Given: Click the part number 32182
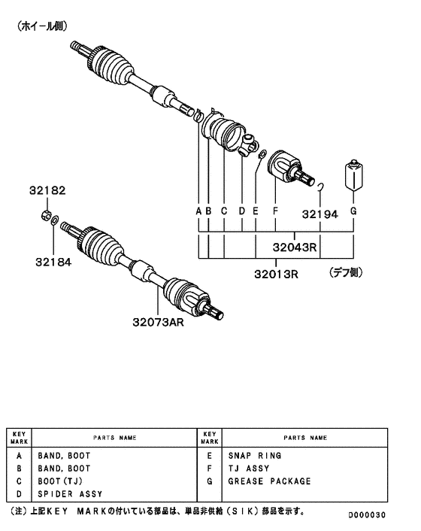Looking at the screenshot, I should pos(48,191).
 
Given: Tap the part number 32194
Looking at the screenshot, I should pos(320,213).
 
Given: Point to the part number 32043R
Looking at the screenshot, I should pos(293,246).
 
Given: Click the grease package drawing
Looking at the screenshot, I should pos(353,178).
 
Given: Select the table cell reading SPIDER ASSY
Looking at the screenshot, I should pos(70,494).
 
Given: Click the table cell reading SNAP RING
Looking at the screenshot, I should pos(255,456).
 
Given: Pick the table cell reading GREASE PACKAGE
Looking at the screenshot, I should pos(269,481).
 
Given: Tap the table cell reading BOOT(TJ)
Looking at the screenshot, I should pos(59,481).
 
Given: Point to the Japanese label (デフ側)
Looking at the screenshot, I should pos(347,274).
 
